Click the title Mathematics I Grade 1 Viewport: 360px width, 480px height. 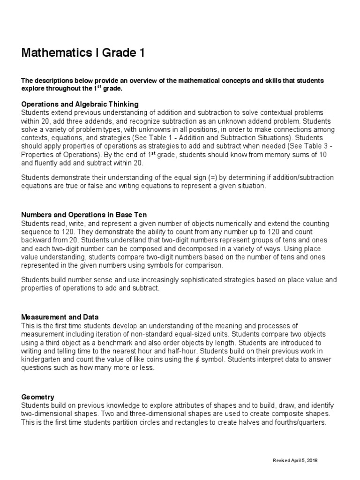click(x=83, y=53)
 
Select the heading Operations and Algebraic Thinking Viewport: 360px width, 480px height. click(x=80, y=104)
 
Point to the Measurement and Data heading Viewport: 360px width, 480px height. click(x=60, y=317)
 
